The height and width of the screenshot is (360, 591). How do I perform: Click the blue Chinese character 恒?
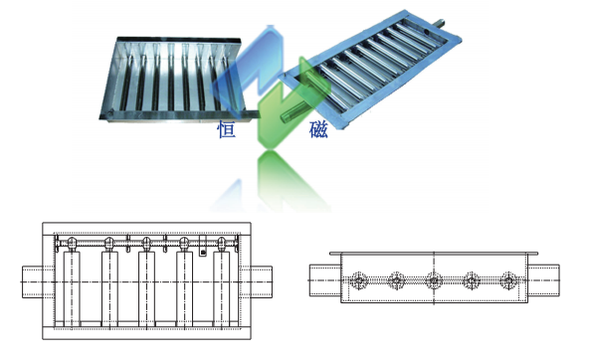(226, 129)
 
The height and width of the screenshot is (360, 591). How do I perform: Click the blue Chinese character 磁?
(318, 129)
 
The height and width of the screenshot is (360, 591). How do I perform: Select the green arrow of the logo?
(287, 109)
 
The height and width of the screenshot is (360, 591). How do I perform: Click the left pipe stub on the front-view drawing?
(33, 282)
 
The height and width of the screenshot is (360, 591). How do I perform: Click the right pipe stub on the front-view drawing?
(262, 282)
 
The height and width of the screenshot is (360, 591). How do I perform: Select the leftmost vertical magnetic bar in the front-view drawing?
(72, 289)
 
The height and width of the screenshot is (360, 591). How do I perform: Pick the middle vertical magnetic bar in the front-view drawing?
(146, 289)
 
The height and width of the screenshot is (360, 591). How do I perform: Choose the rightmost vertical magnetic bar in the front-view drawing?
(222, 289)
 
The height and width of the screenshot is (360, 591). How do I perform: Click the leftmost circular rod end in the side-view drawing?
(358, 280)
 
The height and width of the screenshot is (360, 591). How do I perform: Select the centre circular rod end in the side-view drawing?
(434, 280)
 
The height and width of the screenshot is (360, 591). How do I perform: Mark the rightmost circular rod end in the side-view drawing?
(508, 280)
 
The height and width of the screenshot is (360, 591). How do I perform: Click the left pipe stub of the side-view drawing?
(325, 280)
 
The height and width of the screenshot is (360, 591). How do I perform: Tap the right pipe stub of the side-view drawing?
(543, 280)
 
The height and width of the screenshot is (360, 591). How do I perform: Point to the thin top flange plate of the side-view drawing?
(434, 254)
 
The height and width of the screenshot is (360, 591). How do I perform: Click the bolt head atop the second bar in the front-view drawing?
(109, 244)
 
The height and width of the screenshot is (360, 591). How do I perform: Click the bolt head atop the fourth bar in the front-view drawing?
(184, 244)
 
